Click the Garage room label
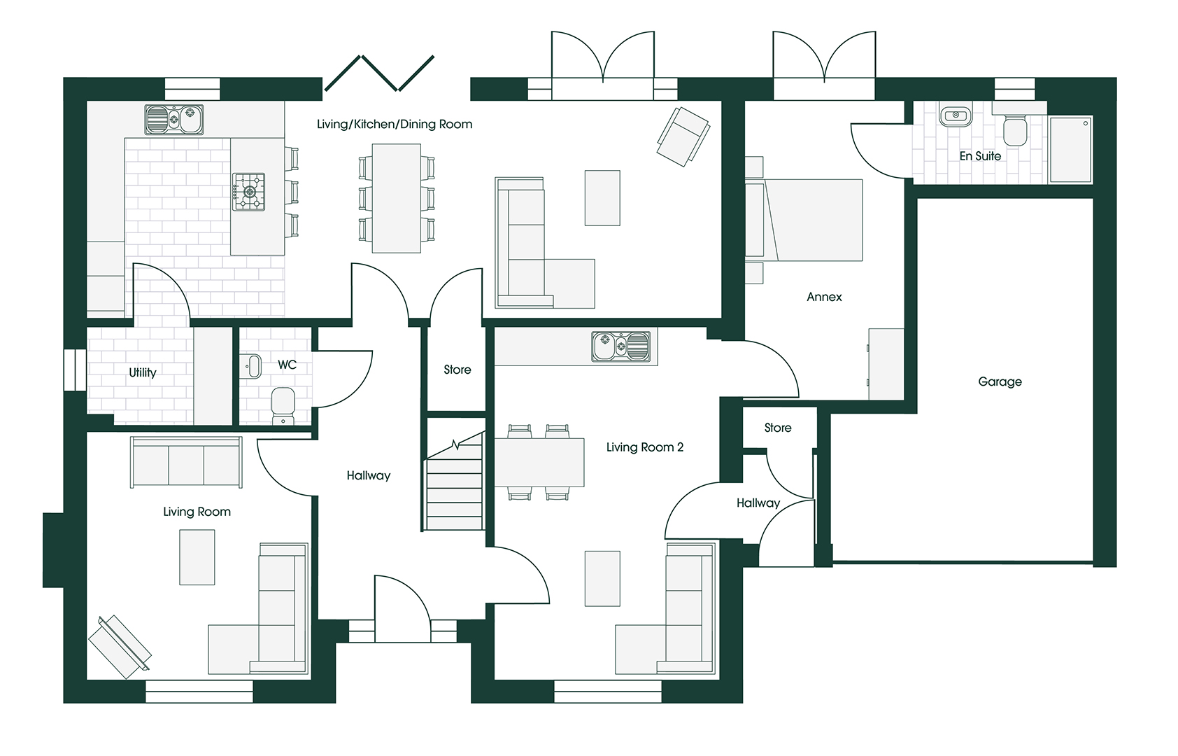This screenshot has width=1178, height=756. pos(1000,381)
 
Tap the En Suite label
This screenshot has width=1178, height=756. pos(979,156)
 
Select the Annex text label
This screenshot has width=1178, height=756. pos(824,297)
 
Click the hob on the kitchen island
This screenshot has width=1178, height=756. pos(248,192)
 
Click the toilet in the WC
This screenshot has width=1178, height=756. pos(283,405)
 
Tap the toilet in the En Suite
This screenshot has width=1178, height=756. pos(1015,130)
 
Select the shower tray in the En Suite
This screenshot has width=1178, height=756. pos(1070,149)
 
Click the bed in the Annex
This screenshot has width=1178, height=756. pos(811,220)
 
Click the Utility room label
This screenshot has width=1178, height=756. pos(143,372)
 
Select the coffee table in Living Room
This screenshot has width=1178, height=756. pos(197,556)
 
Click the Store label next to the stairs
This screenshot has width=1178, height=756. pos(457,370)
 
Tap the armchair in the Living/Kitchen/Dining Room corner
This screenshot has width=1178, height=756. pos(682,136)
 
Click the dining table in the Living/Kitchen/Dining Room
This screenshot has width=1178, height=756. pos(396,198)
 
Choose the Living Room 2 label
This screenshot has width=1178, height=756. pos(644,447)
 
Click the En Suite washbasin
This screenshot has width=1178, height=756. pos(955,115)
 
